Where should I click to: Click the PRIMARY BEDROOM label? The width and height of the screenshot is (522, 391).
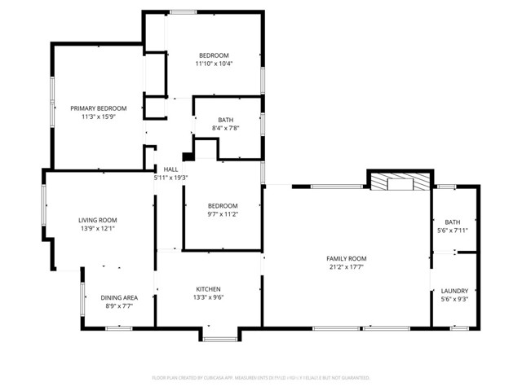[x=98, y=108]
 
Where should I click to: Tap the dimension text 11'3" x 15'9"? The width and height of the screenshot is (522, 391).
[x=98, y=116]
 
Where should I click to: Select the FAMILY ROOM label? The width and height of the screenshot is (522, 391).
[x=346, y=258]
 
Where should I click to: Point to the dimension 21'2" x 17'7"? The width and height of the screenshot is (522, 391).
[x=346, y=266]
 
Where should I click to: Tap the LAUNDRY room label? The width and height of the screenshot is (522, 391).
[x=454, y=291]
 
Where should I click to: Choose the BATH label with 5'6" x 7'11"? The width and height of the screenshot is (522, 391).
[x=452, y=222]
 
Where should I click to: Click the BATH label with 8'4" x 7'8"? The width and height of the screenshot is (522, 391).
[x=225, y=120]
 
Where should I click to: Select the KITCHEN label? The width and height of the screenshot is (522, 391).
[x=208, y=289]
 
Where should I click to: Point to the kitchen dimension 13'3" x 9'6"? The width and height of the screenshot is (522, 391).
[x=208, y=297]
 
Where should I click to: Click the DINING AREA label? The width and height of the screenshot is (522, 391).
[x=118, y=297]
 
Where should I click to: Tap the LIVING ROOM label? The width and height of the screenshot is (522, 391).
[x=98, y=220]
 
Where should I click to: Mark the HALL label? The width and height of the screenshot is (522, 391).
[x=171, y=169]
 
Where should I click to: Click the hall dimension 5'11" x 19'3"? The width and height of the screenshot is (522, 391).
[x=171, y=178]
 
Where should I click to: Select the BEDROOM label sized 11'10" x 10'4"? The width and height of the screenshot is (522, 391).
[x=214, y=55]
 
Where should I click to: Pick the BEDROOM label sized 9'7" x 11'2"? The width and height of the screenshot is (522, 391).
[x=222, y=205]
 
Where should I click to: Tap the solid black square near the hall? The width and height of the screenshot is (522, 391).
[x=187, y=156]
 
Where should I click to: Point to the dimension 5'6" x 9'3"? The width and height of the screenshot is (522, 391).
[x=454, y=299]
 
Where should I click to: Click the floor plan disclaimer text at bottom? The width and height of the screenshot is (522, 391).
[x=261, y=378]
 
